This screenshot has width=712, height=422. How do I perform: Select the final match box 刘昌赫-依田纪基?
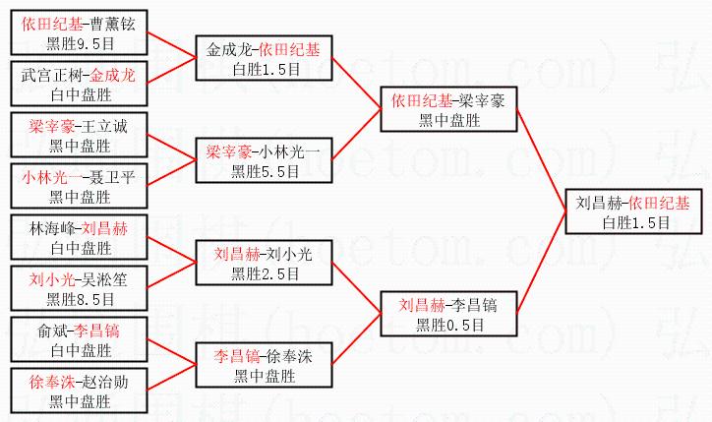[632, 212]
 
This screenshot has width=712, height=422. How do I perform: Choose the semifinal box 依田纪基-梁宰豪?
[448, 109]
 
